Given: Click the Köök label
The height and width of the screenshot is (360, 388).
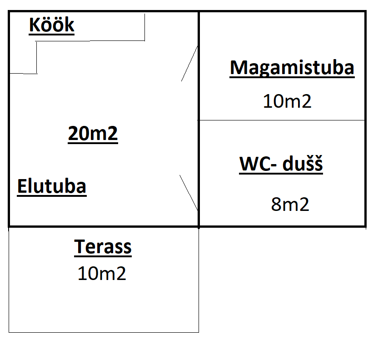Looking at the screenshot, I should pyautogui.click(x=51, y=25).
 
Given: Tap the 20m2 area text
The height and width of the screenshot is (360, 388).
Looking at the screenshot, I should pyautogui.click(x=93, y=134).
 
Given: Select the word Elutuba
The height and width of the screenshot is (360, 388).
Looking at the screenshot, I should pyautogui.click(x=52, y=186).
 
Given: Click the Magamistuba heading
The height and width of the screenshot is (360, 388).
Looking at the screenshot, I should pyautogui.click(x=292, y=68).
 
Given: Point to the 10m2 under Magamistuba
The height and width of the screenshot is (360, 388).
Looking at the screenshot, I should pyautogui.click(x=287, y=101).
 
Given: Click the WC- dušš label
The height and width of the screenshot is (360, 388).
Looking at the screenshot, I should pyautogui.click(x=281, y=164).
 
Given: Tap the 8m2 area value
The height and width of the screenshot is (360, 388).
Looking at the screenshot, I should pyautogui.click(x=290, y=205).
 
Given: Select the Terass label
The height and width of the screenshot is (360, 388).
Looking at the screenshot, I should pyautogui.click(x=103, y=247).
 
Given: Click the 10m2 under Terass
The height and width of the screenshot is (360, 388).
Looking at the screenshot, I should pyautogui.click(x=102, y=274).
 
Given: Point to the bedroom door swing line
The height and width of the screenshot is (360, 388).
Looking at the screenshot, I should pyautogui.click(x=189, y=63).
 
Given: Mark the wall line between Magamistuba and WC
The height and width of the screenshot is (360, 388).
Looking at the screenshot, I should pyautogui.click(x=282, y=120).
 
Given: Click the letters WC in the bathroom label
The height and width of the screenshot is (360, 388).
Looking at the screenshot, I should pyautogui.click(x=254, y=164).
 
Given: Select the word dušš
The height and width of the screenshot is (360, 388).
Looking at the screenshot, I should pyautogui.click(x=303, y=164).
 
